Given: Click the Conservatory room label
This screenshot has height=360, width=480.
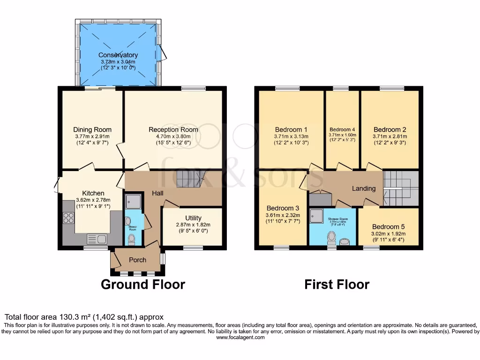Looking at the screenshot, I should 118,55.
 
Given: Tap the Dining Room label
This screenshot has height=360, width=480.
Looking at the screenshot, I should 92,129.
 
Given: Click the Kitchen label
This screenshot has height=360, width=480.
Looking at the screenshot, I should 93,193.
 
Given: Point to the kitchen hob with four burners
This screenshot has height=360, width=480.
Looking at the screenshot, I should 68,218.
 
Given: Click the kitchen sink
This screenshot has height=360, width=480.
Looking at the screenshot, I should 96,239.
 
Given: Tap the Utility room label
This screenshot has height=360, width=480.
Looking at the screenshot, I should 193,218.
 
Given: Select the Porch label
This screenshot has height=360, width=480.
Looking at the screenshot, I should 137,260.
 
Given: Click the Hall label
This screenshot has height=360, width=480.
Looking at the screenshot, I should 157,193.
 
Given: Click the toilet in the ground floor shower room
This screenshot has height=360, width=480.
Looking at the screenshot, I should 131,240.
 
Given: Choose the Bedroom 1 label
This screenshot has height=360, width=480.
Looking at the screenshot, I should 291,129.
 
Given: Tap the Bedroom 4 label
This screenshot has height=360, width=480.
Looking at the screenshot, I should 342,129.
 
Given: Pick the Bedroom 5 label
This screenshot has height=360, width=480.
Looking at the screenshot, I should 388,226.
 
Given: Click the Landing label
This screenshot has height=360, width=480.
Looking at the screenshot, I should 364,188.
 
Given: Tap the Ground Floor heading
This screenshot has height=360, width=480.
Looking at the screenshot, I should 143,284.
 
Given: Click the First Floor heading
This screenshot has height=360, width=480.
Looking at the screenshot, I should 337,284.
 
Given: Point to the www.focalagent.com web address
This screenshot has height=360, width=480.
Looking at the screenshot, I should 240,337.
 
